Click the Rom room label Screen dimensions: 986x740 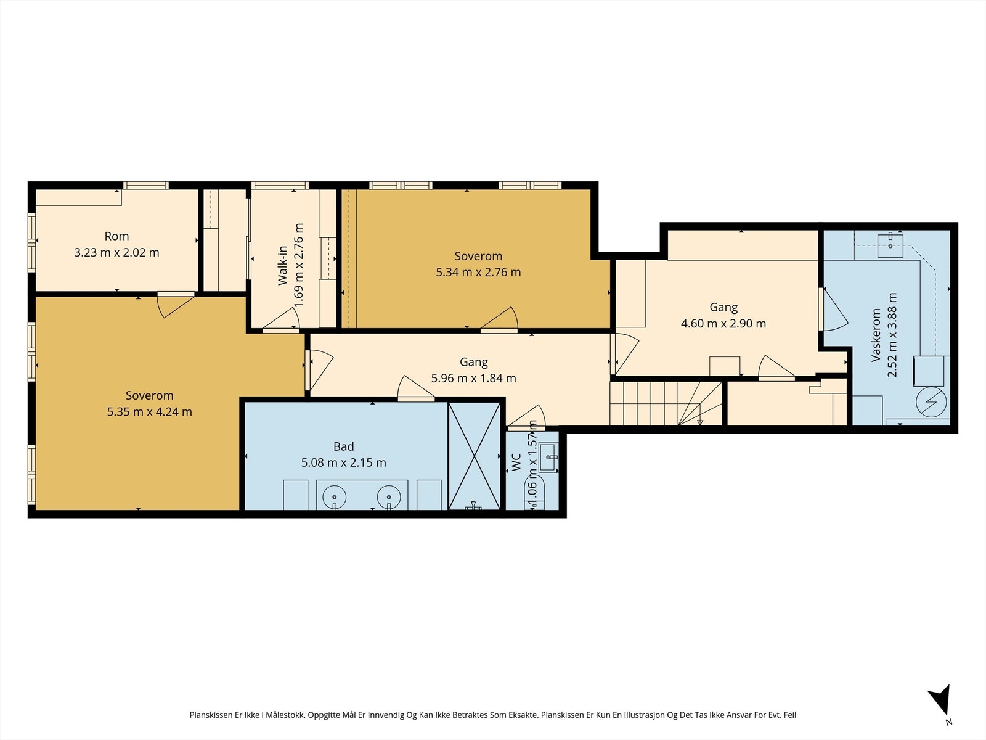pos(117,236)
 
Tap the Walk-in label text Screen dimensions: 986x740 pos(282,265)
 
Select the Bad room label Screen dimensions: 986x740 pos(344,446)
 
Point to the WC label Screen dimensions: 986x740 pos(516,462)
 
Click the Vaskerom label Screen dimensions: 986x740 pos(876,335)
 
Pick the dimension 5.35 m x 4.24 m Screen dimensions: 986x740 pos(150,411)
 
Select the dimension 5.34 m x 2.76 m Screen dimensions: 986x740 pos(478,273)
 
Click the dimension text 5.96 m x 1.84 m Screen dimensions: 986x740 pos(473,378)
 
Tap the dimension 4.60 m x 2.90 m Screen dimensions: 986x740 pos(723,324)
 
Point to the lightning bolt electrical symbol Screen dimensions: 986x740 pos(931,401)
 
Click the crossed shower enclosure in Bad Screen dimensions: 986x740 pos(475,456)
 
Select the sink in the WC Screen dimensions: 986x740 pos(548,457)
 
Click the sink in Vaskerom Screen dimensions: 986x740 pos(890,245)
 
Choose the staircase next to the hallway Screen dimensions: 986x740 pos(666,403)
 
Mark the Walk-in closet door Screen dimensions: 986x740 pos(282,320)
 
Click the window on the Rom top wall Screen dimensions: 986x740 pos(146,185)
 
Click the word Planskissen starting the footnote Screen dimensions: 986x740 pos(211,715)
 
